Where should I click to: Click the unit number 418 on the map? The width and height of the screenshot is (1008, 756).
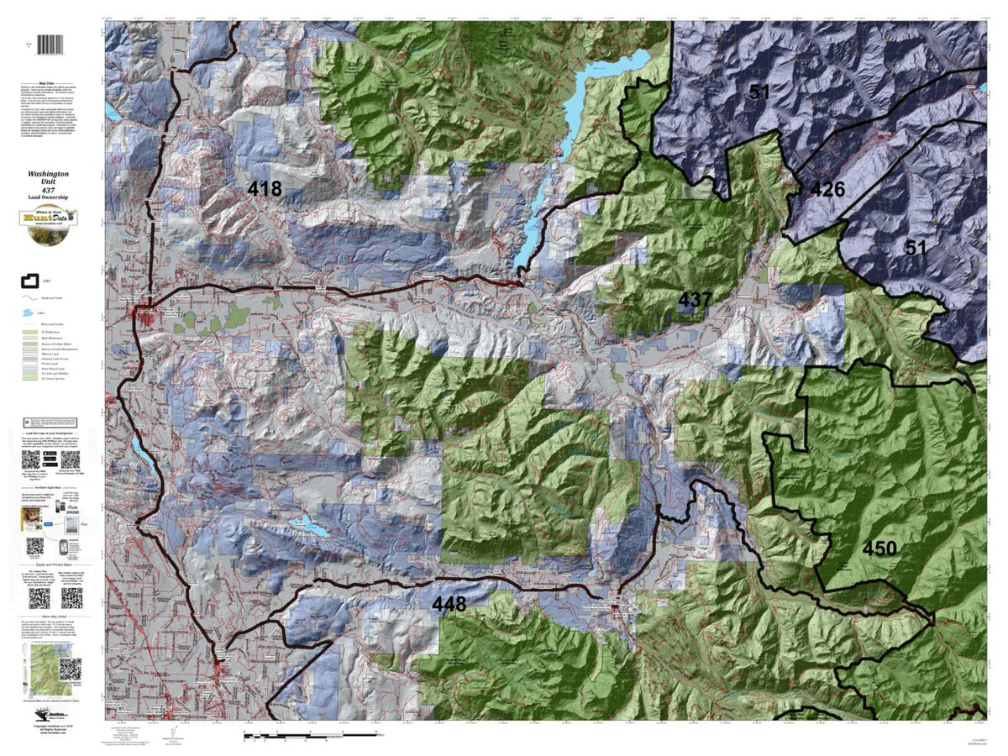(x=265, y=189)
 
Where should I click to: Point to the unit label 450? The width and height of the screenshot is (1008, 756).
(x=879, y=549)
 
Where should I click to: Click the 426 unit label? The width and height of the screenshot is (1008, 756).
(x=827, y=190)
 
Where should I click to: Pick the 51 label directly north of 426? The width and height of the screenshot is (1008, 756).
(x=759, y=92)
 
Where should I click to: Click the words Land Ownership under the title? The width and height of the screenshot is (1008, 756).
(x=52, y=198)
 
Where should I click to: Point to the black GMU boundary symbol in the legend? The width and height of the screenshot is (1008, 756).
(x=29, y=280)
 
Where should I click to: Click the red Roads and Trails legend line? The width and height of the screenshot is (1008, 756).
(x=29, y=297)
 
